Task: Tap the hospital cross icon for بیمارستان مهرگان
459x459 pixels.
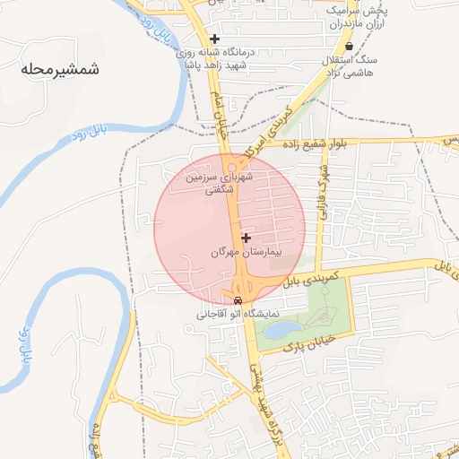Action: click(246, 238)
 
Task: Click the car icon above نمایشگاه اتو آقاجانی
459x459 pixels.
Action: click(238, 300)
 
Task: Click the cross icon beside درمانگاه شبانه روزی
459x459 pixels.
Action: click(214, 39)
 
